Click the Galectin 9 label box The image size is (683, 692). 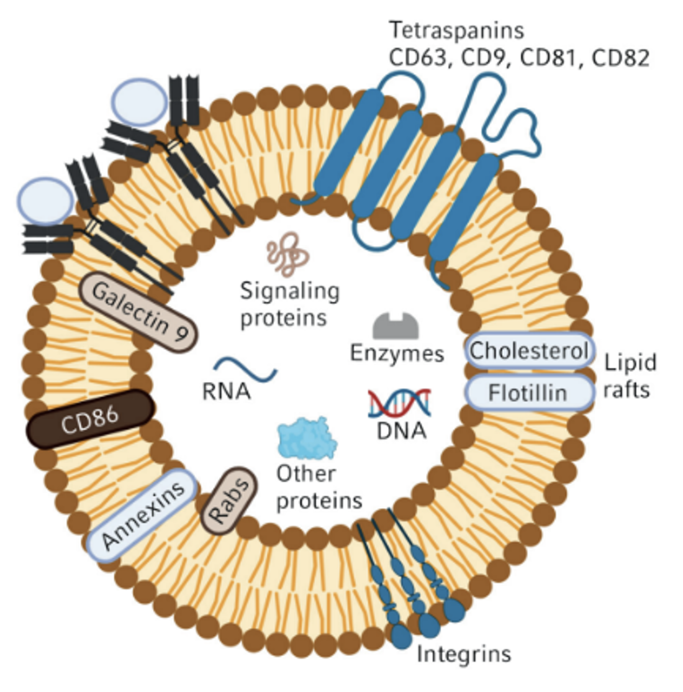pyautogui.click(x=138, y=312)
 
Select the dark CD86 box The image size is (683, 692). pyautogui.click(x=91, y=419)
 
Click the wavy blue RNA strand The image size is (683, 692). pyautogui.click(x=245, y=368)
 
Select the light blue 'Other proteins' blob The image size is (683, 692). pyautogui.click(x=307, y=439)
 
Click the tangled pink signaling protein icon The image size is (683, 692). pyautogui.click(x=287, y=257)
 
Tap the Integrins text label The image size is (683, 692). pyautogui.click(x=463, y=654)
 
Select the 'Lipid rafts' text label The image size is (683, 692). pyautogui.click(x=628, y=376)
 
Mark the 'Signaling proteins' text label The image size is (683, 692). pyautogui.click(x=289, y=304)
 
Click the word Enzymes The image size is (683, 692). pyautogui.click(x=397, y=353)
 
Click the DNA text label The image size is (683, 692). pyautogui.click(x=401, y=430)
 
